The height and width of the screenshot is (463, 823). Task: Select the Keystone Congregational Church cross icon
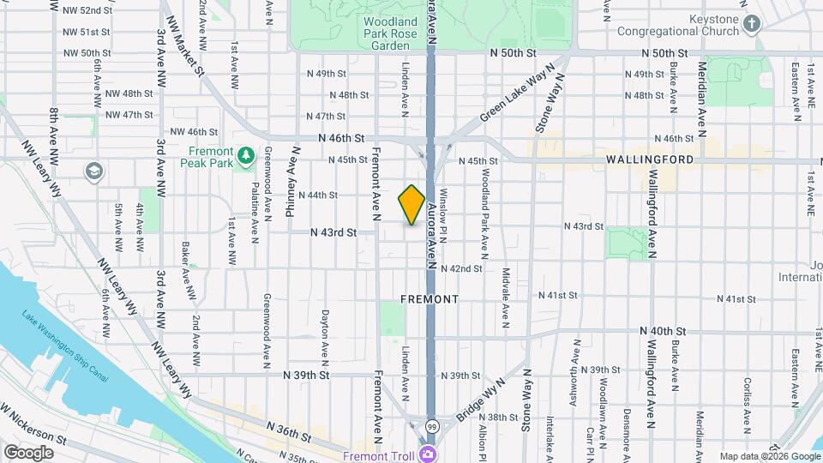coord(752,24)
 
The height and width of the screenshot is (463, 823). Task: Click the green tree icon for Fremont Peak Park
coord(247,155)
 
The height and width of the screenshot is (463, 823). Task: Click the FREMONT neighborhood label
coord(430,299)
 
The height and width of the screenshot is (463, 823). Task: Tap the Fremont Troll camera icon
coord(427,454)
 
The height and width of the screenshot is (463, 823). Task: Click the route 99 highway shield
coord(432,426)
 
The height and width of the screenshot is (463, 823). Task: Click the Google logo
coord(28,452)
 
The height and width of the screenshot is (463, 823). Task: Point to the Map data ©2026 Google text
coord(769,456)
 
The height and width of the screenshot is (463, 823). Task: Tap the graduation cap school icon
coord(92,171)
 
